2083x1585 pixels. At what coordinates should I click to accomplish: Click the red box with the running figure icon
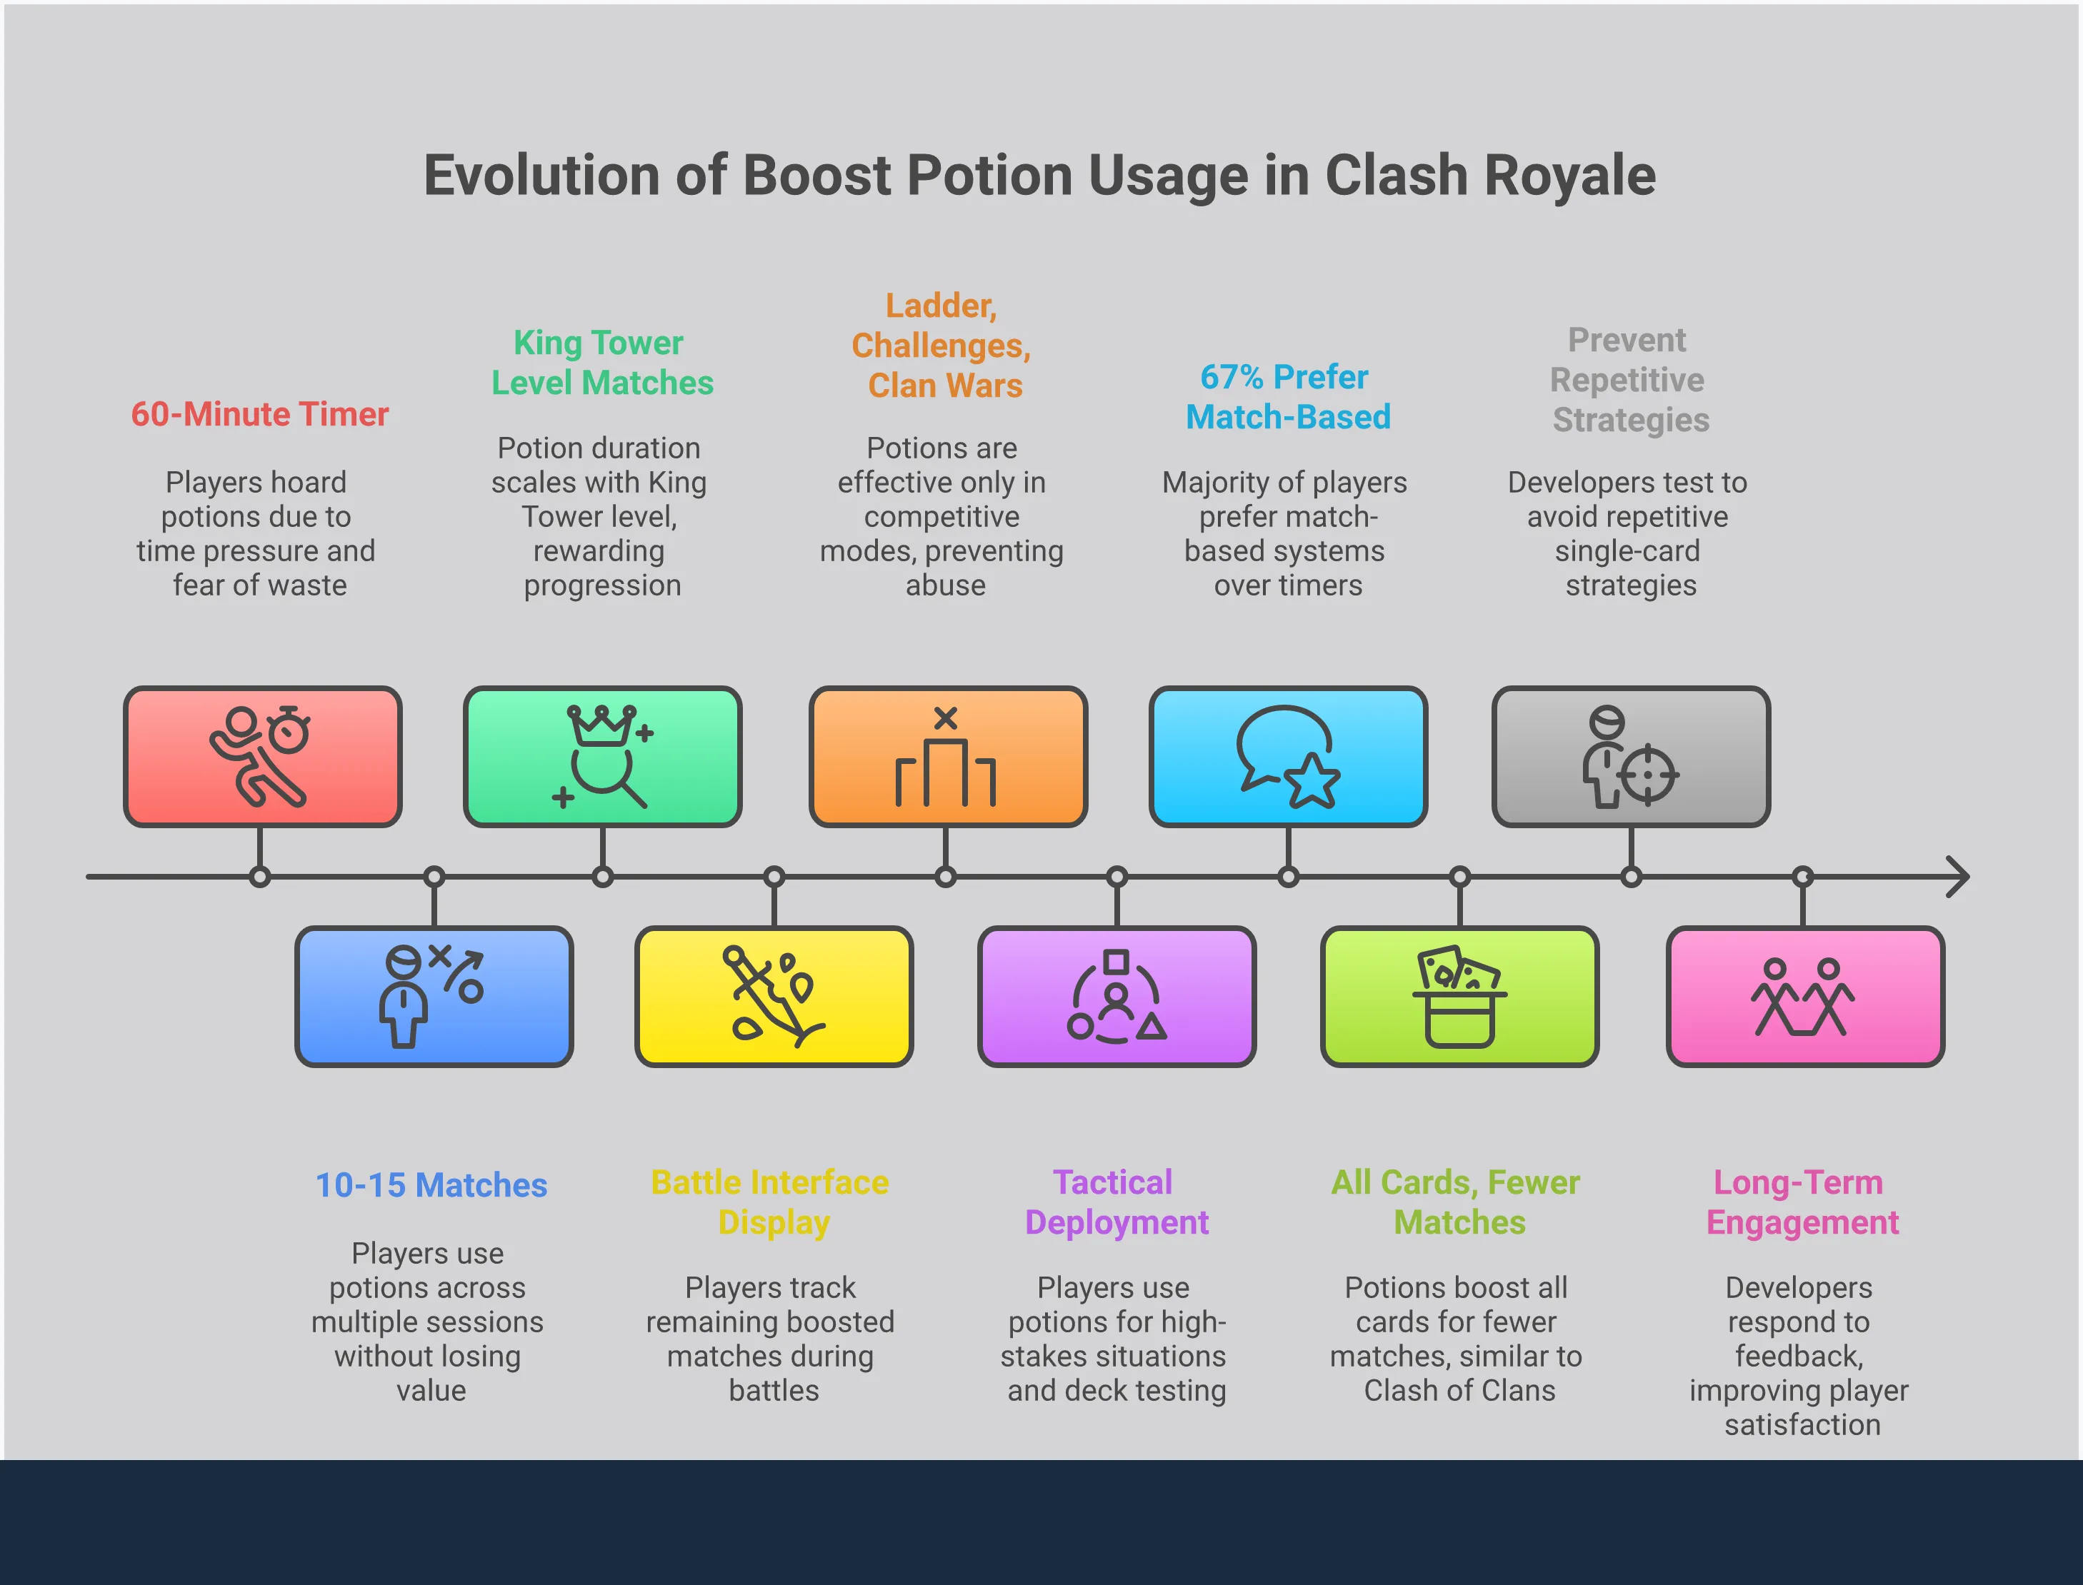pos(262,757)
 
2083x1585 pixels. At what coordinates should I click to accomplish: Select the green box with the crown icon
pos(602,757)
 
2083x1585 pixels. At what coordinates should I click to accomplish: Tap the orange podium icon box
pos(948,757)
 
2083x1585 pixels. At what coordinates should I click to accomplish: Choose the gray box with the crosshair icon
pos(1630,757)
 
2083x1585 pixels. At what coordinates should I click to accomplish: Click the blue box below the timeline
pos(434,996)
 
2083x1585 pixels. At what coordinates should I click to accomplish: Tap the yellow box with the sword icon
pos(774,996)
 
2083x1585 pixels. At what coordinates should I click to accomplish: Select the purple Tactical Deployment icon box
pos(1117,996)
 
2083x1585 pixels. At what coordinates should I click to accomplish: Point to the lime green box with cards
pos(1459,996)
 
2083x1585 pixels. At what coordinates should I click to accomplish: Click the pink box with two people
pos(1804,996)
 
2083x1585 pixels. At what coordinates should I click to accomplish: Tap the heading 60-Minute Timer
pos(259,414)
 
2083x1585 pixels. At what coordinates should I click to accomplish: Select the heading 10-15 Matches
pos(431,1185)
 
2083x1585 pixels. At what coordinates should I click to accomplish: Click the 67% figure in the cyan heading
pos(1232,378)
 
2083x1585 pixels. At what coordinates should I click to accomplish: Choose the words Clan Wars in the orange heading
pos(945,386)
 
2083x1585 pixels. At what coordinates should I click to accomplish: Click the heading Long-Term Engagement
pos(1801,1202)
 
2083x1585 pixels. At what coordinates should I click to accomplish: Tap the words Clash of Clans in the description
pos(1459,1391)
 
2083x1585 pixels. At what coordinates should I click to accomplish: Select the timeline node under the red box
pos(261,877)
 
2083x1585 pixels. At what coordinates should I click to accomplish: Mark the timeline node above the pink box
pos(1803,877)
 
